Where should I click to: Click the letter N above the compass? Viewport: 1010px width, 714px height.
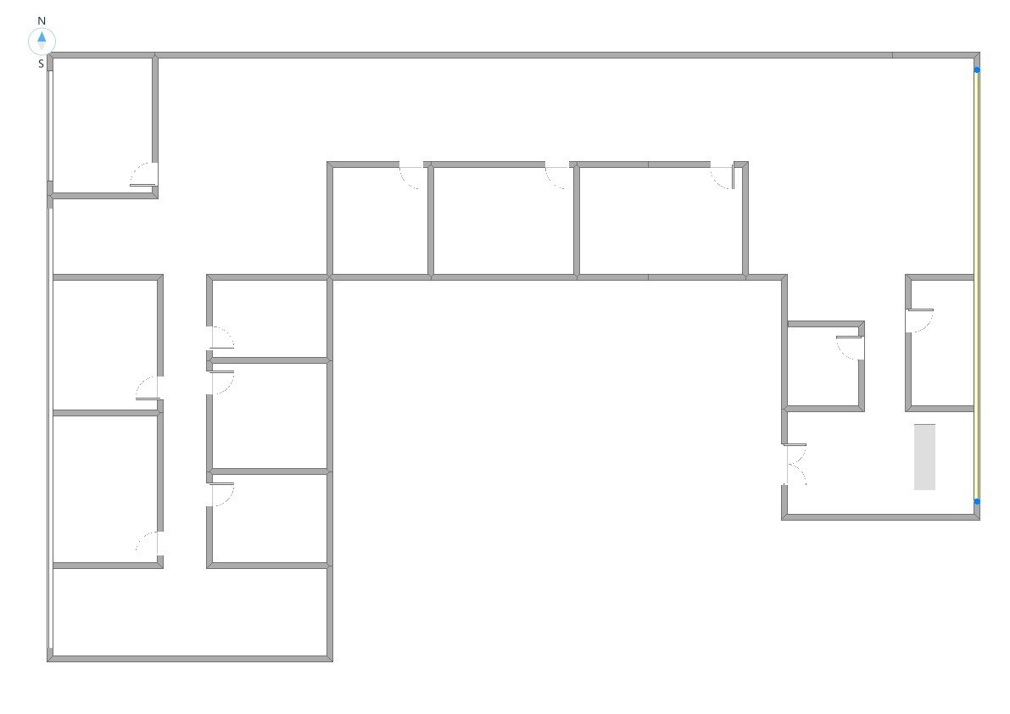42,20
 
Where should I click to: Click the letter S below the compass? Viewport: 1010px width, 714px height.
42,64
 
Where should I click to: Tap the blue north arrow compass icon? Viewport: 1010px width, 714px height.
42,41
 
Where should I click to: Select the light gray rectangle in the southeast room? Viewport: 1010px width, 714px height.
924,457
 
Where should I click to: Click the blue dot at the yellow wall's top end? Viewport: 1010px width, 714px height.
977,70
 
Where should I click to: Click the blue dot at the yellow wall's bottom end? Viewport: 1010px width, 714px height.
977,502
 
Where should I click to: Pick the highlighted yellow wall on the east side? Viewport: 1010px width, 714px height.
977,286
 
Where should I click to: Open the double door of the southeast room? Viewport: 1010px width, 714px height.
795,466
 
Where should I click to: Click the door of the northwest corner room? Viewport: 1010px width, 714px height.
144,176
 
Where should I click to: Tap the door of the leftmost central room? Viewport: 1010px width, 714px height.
411,176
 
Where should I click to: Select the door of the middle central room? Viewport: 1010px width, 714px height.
557,176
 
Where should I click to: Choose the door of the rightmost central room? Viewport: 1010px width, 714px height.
723,176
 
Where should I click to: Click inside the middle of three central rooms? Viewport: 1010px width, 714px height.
503,220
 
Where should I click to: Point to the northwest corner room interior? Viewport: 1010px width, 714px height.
103,125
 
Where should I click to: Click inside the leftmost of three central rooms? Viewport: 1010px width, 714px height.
379,220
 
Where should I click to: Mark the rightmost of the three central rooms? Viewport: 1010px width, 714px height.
661,220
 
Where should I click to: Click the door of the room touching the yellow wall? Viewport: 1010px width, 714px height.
919,321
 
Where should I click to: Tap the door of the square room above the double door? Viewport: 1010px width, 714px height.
850,348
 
